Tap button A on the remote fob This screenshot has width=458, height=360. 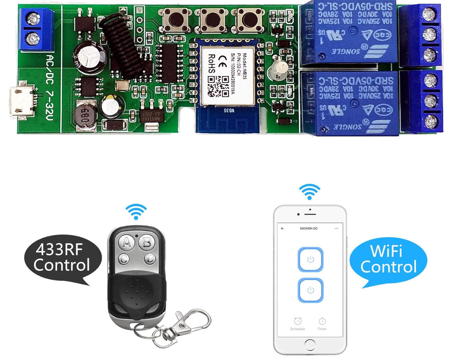(127, 241)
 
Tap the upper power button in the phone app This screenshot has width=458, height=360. (310, 260)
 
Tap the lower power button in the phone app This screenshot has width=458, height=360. (310, 290)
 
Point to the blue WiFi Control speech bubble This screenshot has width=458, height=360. (388, 260)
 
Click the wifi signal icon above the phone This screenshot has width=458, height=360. (309, 192)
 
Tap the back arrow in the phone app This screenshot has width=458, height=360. (282, 228)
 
